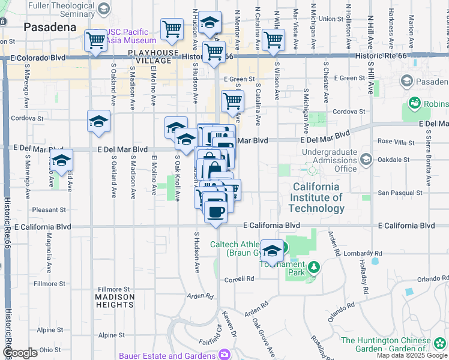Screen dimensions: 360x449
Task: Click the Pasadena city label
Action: (50, 28)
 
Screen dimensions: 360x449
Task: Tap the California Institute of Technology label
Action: (316, 197)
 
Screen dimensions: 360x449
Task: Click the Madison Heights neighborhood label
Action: (115, 301)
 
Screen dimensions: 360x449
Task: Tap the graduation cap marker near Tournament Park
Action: (273, 251)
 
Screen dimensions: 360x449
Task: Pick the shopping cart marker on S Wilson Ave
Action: (274, 40)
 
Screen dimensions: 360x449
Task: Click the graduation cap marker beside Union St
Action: (209, 22)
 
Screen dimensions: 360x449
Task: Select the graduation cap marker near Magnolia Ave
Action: (61, 160)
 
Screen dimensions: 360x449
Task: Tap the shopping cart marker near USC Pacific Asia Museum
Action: (95, 41)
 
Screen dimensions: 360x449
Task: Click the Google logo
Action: (20, 353)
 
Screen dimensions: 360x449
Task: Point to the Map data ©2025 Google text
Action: (412, 355)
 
